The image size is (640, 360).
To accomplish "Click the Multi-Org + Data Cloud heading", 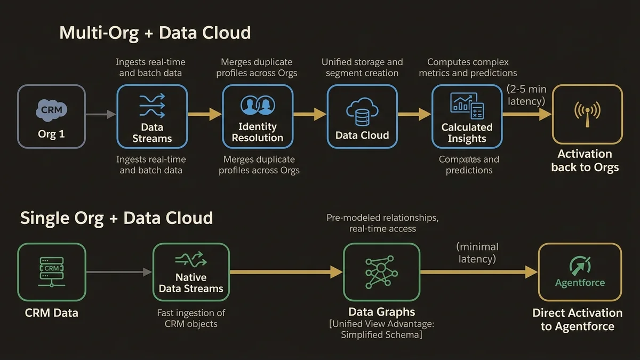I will (155, 33).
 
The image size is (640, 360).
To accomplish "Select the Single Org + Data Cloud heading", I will (116, 218).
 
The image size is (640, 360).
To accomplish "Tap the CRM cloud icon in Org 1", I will (52, 109).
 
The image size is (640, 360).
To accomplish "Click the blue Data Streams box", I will (152, 117).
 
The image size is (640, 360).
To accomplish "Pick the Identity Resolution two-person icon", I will (258, 105).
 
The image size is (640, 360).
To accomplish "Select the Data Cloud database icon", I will (362, 111).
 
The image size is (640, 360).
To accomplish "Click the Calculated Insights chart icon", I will (467, 106).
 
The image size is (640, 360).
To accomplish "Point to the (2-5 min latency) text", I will (526, 95).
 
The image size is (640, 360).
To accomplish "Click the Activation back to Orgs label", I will (585, 161).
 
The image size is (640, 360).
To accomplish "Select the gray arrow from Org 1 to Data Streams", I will (101, 114).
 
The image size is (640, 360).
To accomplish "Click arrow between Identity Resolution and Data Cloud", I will (309, 114).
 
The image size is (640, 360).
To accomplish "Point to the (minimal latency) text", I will (477, 253).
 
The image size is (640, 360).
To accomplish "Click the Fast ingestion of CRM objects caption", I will (191, 318).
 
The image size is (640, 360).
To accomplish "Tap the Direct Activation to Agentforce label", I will (577, 319).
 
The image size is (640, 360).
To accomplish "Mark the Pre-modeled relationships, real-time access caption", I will (382, 223).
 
